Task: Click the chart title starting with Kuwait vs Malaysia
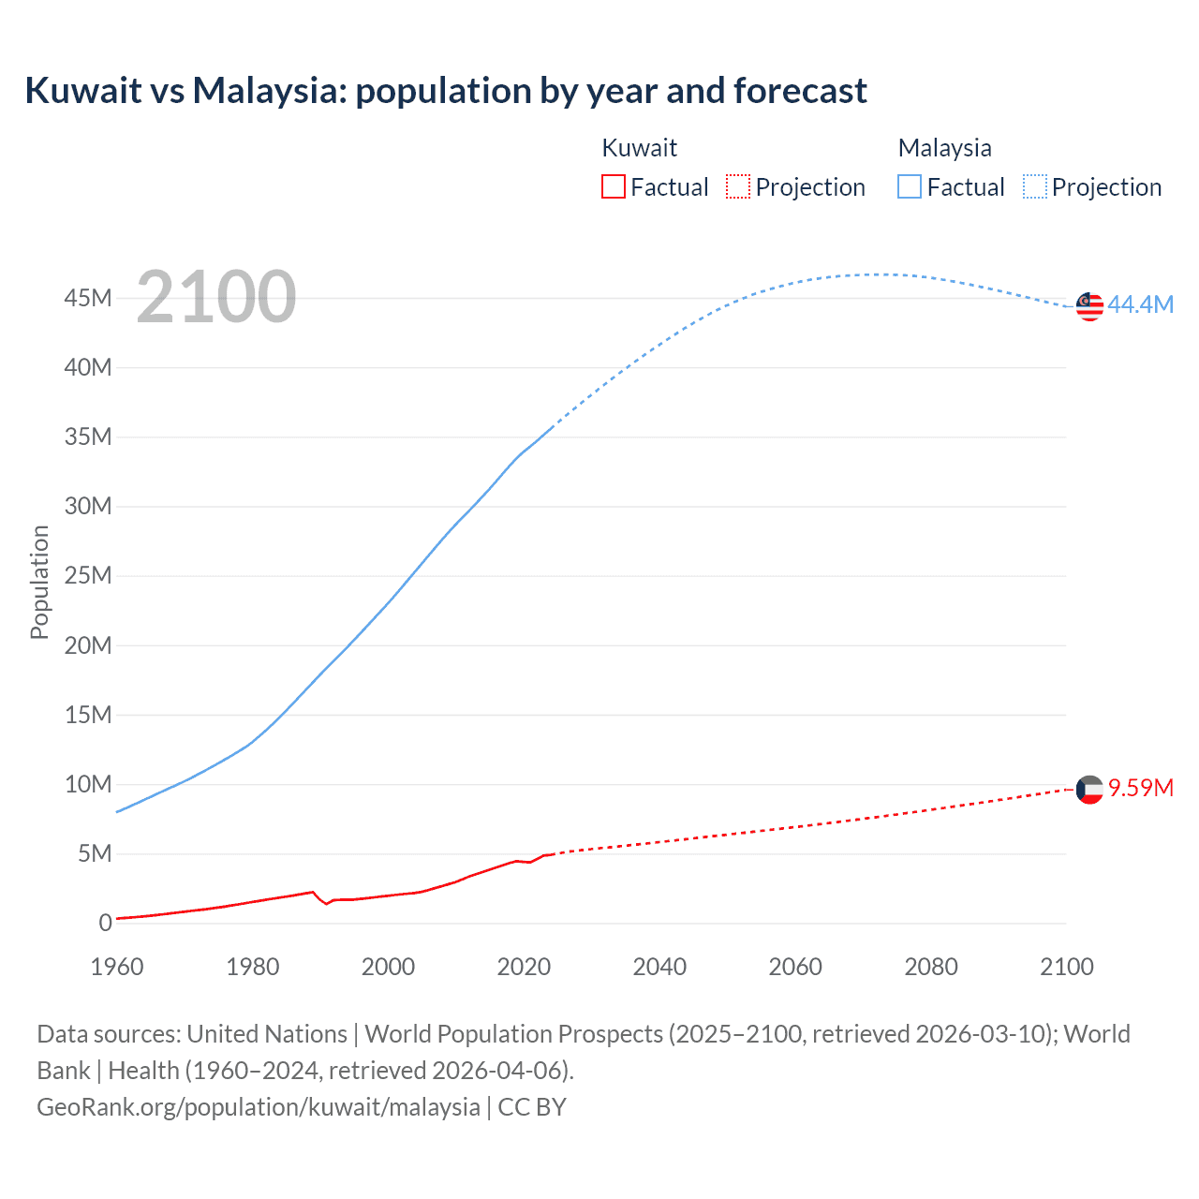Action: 446,91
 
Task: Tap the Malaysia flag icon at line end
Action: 1089,305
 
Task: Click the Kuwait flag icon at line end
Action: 1089,790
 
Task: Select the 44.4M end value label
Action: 1140,304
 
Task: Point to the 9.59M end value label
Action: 1140,788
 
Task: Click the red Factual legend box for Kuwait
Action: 613,186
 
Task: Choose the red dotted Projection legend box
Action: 738,186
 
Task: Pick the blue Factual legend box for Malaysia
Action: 909,186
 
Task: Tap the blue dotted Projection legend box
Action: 1034,186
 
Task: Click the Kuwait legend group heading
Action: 639,148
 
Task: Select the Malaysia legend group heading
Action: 944,148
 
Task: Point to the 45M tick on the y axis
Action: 88,298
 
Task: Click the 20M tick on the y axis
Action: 88,645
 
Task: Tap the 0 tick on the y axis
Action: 105,923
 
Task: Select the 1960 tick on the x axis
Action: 117,967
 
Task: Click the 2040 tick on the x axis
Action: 659,967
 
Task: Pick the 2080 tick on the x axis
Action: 931,967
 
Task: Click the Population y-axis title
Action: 39,582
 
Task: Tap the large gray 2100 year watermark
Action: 216,297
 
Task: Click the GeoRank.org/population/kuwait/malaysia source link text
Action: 259,1107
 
